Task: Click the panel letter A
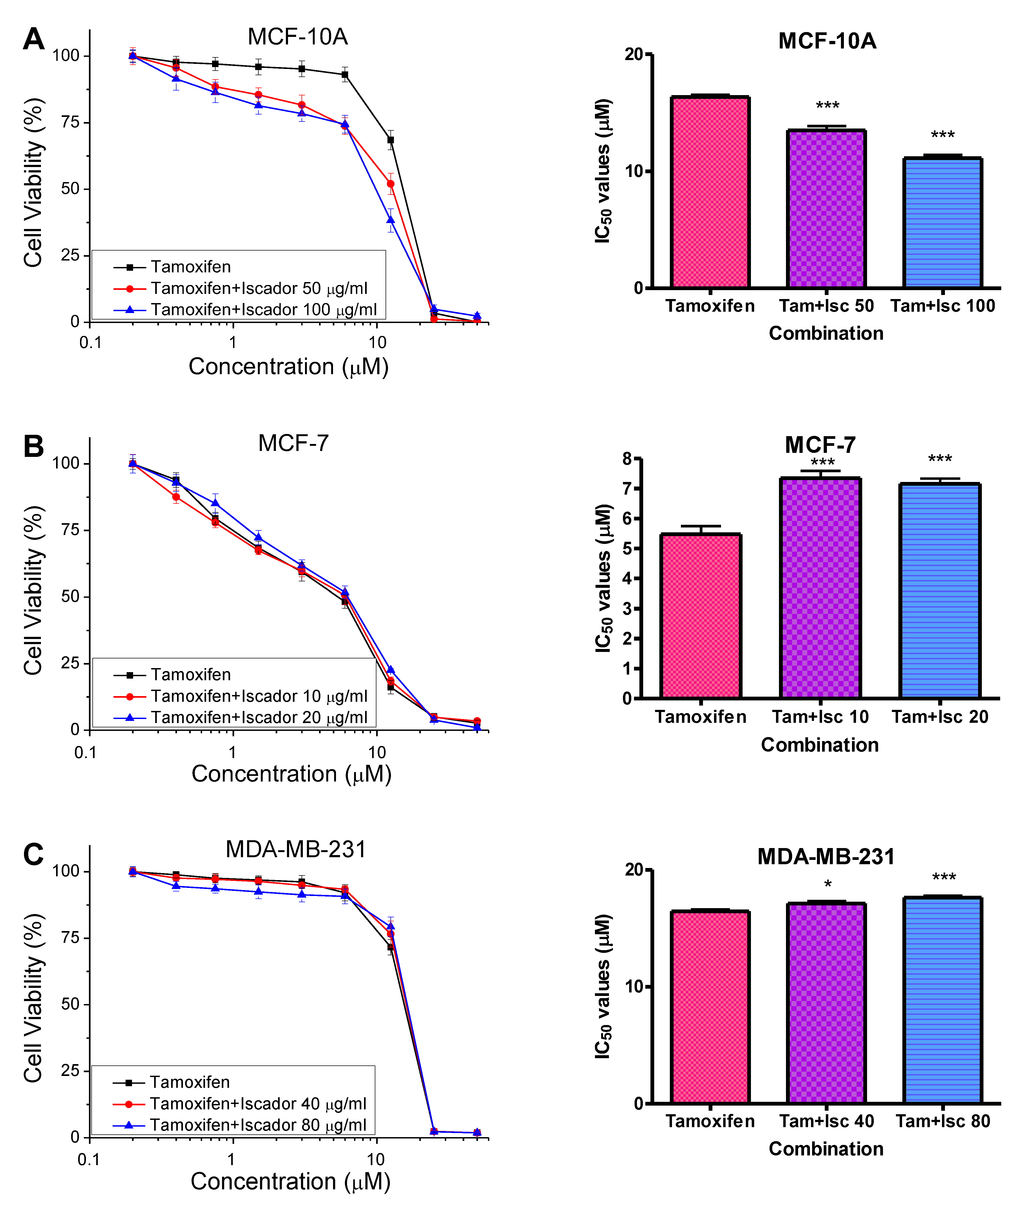34,40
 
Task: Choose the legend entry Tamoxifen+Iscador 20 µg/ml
259,718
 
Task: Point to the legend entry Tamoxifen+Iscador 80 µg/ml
258,1125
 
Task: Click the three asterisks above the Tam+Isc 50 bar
827,106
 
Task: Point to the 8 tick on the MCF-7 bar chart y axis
627,459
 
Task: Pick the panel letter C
34,854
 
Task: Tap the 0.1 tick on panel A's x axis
90,343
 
